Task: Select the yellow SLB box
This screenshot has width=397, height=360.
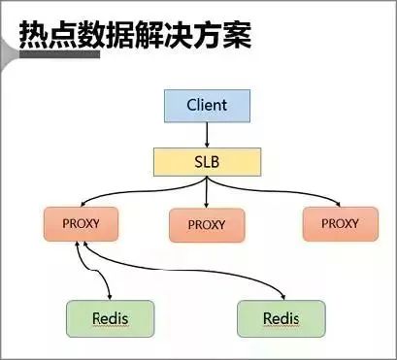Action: (206, 161)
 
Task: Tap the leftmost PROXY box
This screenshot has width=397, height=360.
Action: (81, 223)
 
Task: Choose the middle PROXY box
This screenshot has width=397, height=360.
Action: (206, 225)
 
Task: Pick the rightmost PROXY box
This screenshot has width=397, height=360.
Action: (339, 223)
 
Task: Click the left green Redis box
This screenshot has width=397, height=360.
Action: (110, 317)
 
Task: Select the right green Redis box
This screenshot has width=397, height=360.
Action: (281, 317)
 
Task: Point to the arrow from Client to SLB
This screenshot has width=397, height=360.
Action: (206, 135)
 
